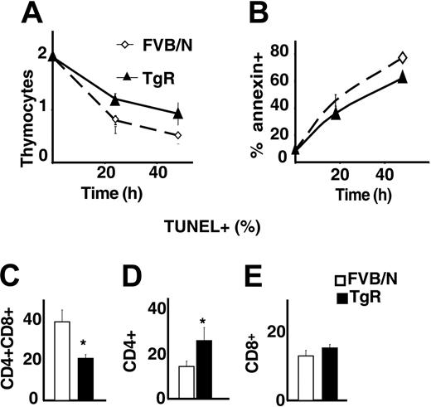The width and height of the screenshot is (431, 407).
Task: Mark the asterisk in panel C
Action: pyautogui.click(x=85, y=342)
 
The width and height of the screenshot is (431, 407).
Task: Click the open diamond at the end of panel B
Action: pyautogui.click(x=402, y=57)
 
